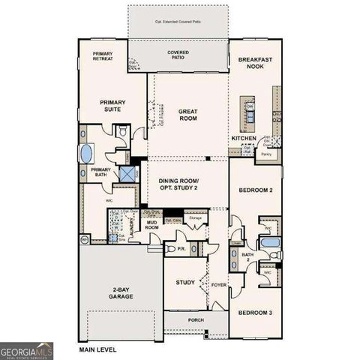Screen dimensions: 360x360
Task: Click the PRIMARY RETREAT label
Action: pos(103,57)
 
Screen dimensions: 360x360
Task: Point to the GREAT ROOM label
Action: pos(187,115)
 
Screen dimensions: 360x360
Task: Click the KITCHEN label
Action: pos(244,139)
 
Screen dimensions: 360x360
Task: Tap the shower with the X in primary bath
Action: pos(127,173)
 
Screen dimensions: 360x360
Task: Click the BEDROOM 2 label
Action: pos(255,190)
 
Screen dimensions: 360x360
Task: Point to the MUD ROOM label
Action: pos(151,224)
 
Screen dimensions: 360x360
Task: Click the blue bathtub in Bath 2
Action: pos(271,243)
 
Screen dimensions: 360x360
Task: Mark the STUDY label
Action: pos(185,283)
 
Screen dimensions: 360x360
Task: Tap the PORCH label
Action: pos(196,320)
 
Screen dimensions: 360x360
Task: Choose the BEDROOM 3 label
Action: pos(255,312)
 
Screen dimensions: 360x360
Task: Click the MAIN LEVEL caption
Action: pos(99,349)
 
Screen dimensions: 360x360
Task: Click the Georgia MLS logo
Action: pos(27,349)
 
